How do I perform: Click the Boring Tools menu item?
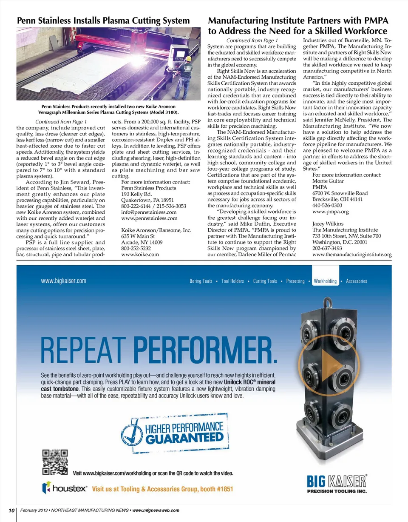201,281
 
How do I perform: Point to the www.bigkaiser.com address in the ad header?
63,281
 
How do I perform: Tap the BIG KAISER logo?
336,482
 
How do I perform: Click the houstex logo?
65,488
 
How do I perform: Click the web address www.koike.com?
140,254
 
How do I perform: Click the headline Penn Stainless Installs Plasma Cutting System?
103,20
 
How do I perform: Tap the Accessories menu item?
356,281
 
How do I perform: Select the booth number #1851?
219,488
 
